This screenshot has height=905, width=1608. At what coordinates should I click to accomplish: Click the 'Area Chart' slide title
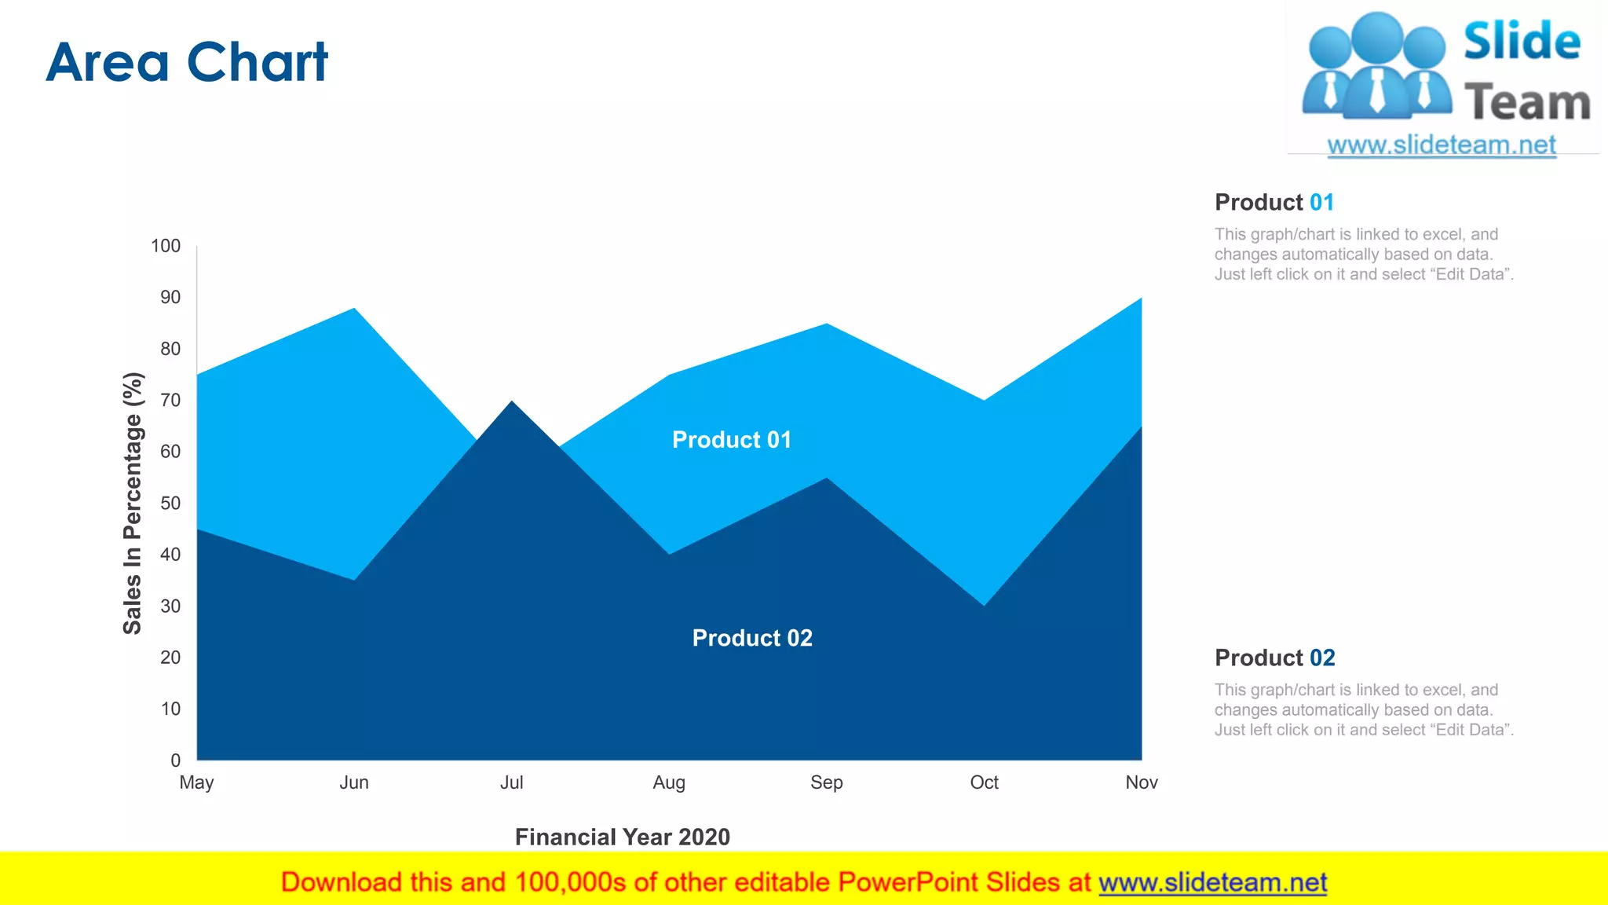[187, 63]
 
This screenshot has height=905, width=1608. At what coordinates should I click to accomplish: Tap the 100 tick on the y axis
[166, 246]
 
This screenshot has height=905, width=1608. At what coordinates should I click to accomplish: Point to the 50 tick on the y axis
[170, 504]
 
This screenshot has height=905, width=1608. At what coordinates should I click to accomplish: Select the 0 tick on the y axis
[176, 760]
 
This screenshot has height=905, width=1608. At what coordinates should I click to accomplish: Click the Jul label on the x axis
[511, 782]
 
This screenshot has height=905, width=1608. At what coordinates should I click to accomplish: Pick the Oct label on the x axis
[984, 782]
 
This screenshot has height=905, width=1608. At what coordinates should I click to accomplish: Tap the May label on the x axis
[196, 782]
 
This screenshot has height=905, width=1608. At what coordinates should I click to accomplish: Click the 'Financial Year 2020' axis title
[622, 837]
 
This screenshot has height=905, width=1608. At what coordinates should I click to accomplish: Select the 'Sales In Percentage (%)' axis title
[133, 504]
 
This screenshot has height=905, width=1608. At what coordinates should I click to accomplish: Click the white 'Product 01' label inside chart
[732, 440]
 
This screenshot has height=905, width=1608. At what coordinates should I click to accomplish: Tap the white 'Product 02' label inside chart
[752, 638]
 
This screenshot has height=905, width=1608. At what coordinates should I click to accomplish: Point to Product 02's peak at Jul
[512, 402]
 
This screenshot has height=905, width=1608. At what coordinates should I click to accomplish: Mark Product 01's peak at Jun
[355, 309]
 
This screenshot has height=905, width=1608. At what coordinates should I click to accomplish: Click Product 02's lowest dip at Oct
[984, 605]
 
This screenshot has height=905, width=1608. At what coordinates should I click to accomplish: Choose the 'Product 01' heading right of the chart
[1274, 203]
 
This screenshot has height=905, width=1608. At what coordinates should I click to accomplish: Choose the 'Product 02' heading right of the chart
[1274, 658]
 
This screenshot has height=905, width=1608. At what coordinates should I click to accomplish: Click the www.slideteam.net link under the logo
[1442, 145]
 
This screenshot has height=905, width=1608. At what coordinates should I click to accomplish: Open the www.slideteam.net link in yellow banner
[1212, 883]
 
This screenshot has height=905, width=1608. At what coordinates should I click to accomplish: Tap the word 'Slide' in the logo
[1522, 42]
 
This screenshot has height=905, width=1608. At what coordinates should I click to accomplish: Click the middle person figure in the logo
[1378, 67]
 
